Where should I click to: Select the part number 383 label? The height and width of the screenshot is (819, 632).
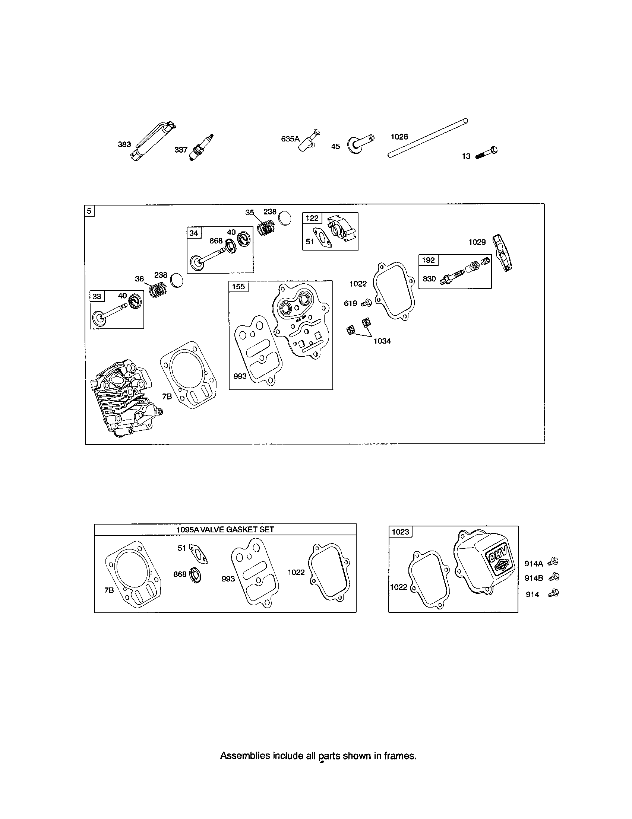tap(124, 144)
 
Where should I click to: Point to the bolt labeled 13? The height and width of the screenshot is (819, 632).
tap(487, 153)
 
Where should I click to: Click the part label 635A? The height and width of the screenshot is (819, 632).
tap(290, 139)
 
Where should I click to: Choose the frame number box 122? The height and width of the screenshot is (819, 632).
tap(312, 218)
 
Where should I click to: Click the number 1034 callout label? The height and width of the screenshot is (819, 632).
tap(382, 341)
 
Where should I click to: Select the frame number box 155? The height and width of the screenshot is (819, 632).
tap(238, 287)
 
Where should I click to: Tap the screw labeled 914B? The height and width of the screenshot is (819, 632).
tap(553, 577)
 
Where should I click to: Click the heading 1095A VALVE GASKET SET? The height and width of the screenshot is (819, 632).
tap(225, 529)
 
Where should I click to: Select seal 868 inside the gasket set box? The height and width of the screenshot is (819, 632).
tap(196, 575)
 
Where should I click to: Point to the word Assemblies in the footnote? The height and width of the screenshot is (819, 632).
tap(245, 756)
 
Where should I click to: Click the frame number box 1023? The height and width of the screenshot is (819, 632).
tap(400, 532)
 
